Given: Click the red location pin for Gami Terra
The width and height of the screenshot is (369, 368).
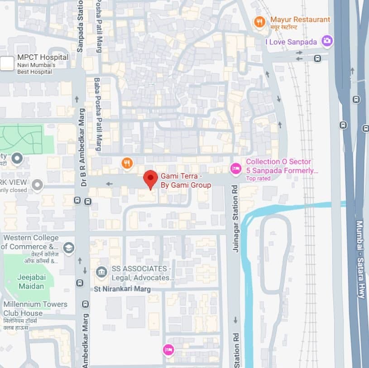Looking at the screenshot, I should (x=150, y=179).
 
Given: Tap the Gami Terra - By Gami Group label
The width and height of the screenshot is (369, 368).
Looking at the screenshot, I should (x=186, y=181).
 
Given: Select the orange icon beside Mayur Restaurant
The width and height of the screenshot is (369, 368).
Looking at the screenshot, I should (x=259, y=21).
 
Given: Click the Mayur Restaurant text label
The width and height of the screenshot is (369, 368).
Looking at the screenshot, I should (x=300, y=19).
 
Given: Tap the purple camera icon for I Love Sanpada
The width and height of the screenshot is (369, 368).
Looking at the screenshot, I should (x=327, y=41).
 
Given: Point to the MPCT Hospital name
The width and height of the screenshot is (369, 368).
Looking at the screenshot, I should (x=43, y=57).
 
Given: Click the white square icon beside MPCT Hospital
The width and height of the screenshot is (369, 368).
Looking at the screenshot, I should (x=7, y=63).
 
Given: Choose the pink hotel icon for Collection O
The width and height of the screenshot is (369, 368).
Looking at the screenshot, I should (x=235, y=169).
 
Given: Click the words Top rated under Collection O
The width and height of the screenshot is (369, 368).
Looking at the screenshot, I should (x=258, y=179).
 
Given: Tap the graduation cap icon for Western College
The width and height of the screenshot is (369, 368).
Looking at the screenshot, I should (x=68, y=247).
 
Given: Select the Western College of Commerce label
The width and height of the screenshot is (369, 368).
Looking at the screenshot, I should (x=30, y=242).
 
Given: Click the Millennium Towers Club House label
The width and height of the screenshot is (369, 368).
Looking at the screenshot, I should (x=35, y=309).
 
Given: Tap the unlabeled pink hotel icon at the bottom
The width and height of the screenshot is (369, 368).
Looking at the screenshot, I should (x=168, y=349).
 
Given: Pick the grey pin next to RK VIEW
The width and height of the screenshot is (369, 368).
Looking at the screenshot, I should (x=37, y=184).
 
